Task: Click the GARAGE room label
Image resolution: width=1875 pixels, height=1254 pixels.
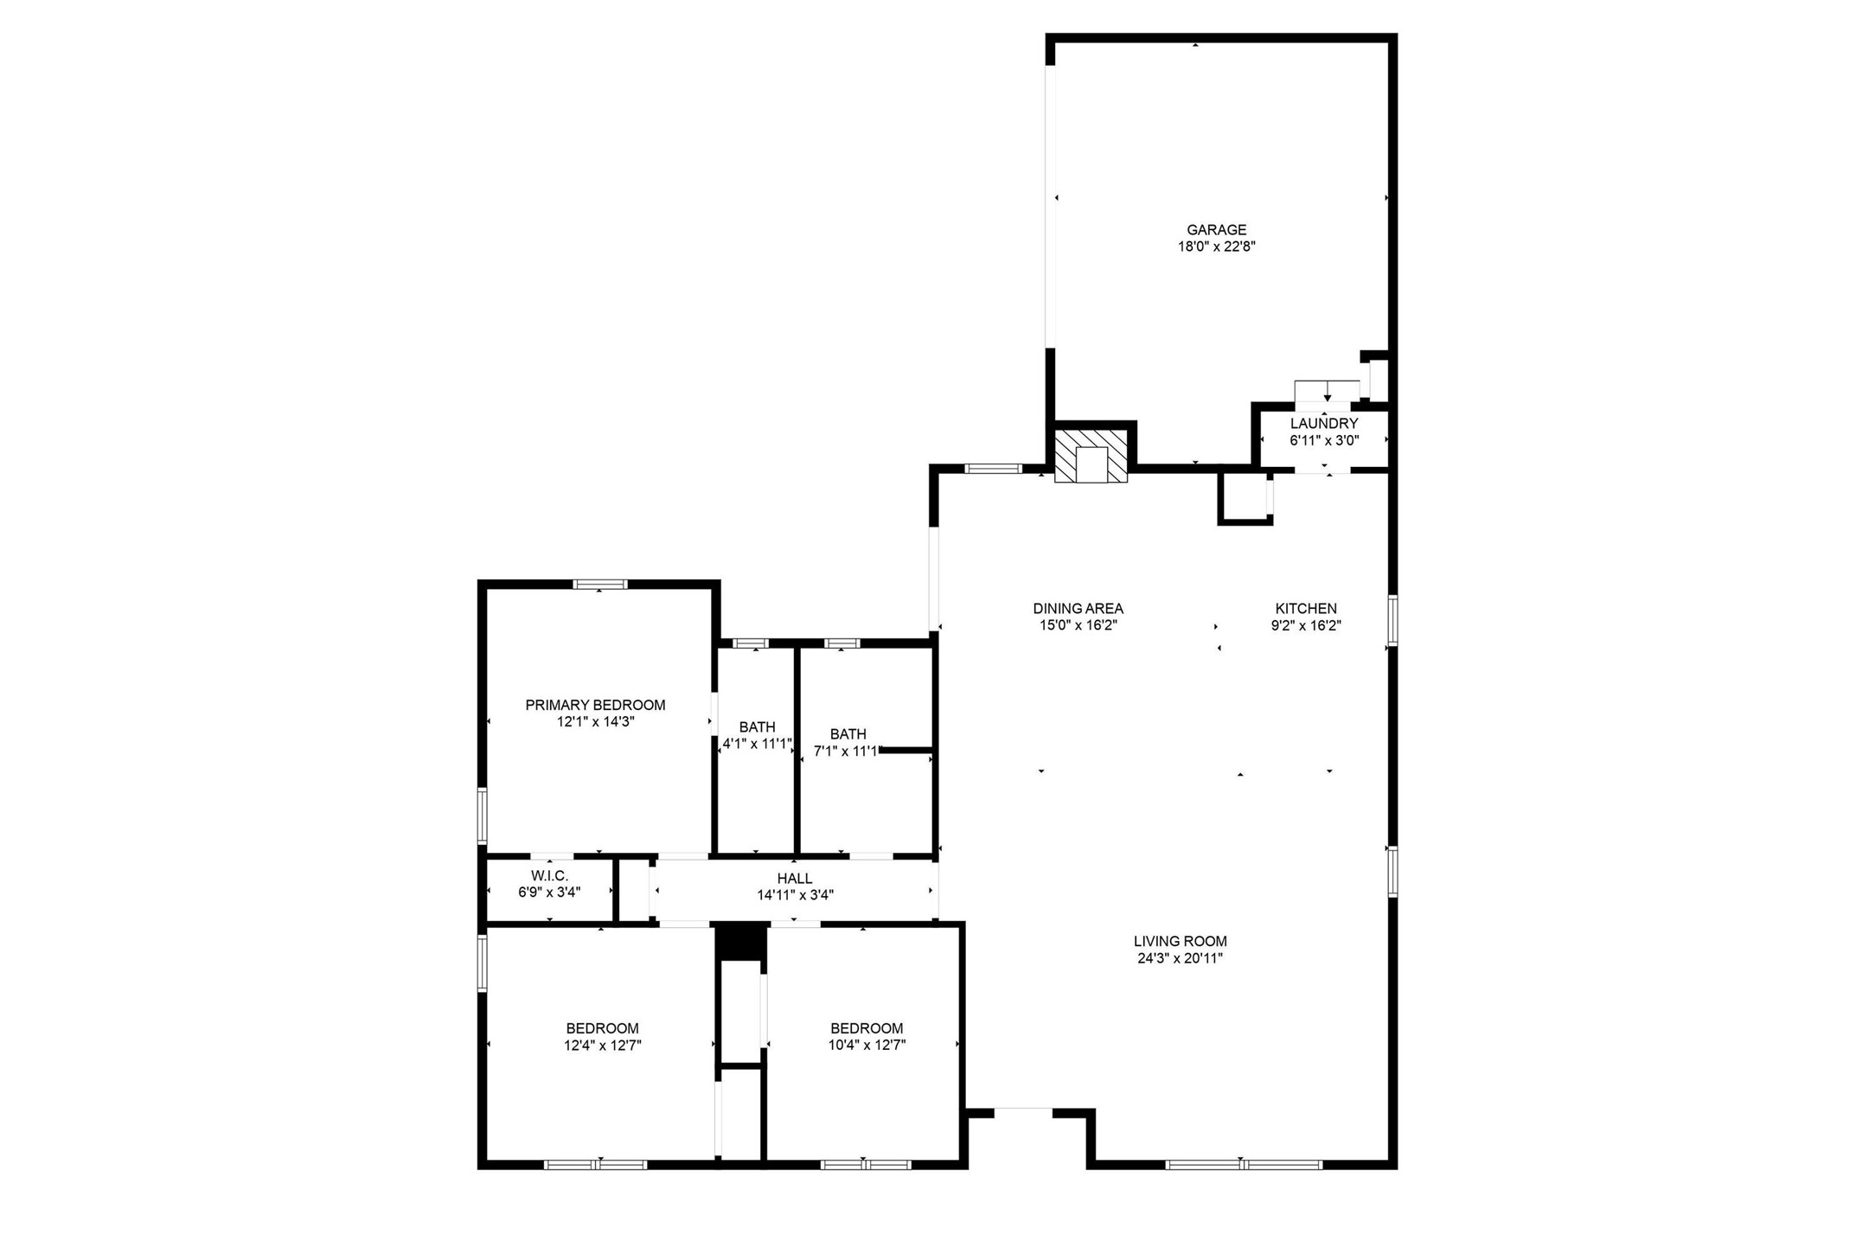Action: pos(1216,230)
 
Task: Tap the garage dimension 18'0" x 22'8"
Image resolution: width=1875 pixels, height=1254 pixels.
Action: pos(1216,246)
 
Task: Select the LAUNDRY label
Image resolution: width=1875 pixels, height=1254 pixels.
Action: pos(1324,424)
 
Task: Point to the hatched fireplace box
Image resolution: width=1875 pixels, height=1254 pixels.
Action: pos(1091,454)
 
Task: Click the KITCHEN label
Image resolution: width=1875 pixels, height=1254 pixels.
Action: pos(1306,609)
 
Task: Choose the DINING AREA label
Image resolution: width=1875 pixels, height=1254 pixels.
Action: pos(1078,609)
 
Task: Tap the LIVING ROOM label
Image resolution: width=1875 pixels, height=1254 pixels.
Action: pos(1180,941)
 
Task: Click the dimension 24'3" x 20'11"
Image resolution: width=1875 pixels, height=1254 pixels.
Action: pos(1180,958)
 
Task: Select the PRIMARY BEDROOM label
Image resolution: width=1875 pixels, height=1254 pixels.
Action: pos(595,705)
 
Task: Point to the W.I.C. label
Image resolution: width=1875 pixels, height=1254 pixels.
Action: pos(549,875)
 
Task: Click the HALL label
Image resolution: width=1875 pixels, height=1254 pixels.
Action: pos(794,879)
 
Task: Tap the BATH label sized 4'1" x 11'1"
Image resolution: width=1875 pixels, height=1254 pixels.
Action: pos(757,727)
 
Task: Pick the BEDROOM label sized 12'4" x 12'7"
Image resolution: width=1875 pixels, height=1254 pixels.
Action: pos(602,1028)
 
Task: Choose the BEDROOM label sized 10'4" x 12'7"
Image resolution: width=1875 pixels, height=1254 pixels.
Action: pos(867,1028)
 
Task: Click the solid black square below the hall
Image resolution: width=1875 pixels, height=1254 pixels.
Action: pos(740,941)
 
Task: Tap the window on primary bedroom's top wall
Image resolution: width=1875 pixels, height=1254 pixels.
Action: pos(600,585)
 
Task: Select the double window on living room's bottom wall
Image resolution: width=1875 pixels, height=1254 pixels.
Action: pos(1244,1164)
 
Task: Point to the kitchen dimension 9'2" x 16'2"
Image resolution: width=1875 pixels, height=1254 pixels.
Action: pos(1306,626)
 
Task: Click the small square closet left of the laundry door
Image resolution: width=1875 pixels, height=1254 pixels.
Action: pos(1244,497)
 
